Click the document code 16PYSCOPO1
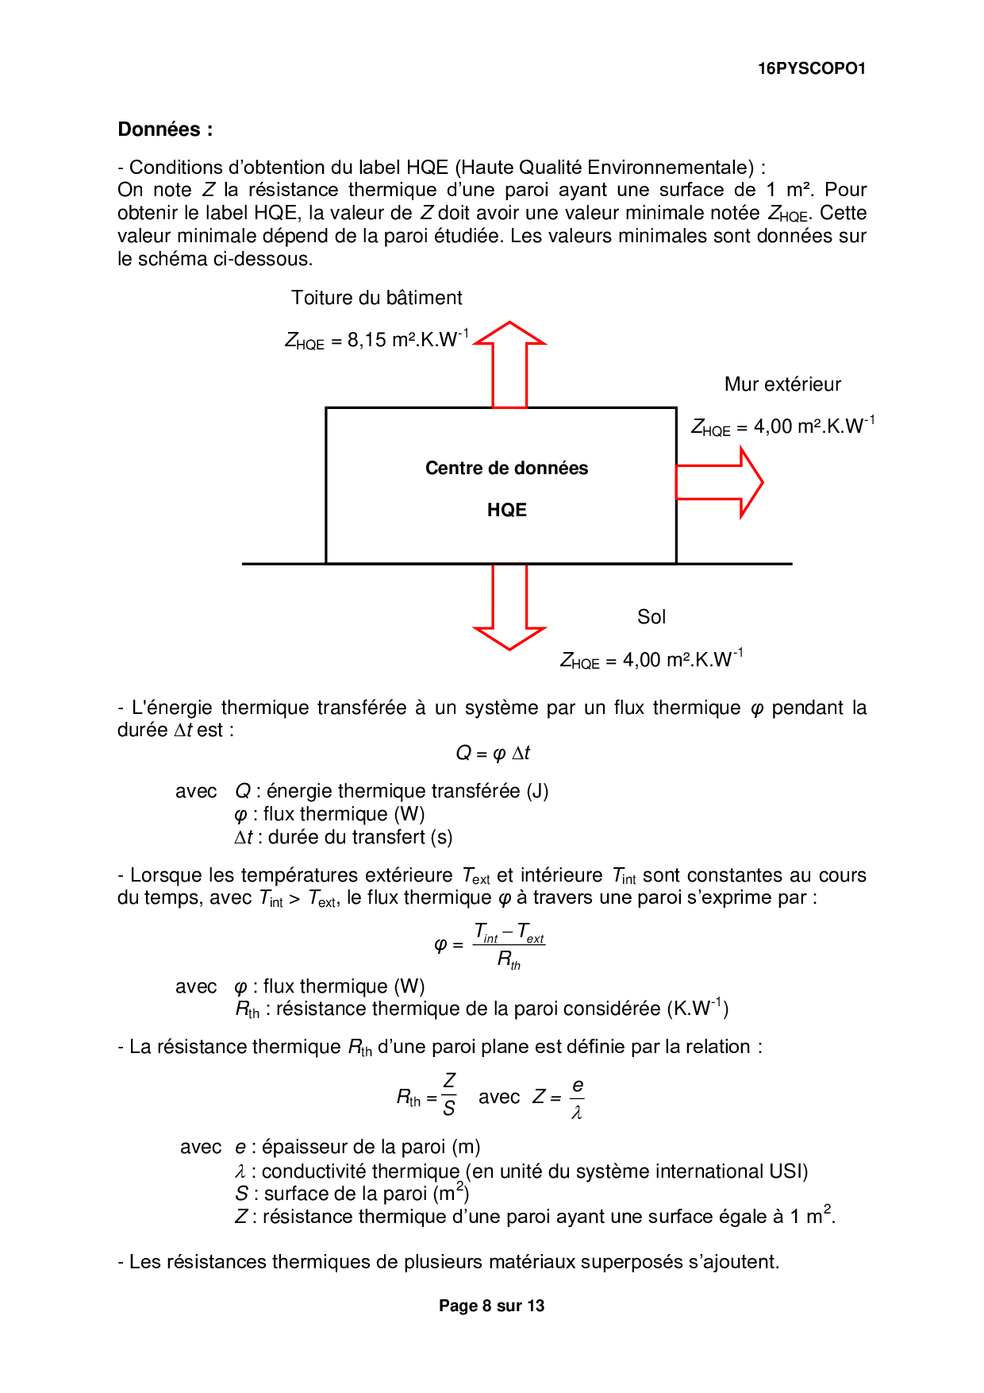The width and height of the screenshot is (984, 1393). [811, 68]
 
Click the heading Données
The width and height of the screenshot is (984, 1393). [165, 129]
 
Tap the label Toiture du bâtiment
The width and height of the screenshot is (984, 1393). [376, 298]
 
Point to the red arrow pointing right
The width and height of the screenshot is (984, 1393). [718, 482]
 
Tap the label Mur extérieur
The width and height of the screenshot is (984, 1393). [782, 384]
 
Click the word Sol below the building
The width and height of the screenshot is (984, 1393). [652, 617]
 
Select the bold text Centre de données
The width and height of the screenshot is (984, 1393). [506, 469]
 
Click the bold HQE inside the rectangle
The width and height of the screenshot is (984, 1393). [507, 510]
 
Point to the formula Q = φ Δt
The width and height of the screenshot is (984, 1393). [492, 753]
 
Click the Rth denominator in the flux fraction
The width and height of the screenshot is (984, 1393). [509, 960]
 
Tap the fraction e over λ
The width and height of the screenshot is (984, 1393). [577, 1098]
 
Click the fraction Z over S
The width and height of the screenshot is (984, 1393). [449, 1094]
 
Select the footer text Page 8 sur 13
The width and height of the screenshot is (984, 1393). [491, 1306]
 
